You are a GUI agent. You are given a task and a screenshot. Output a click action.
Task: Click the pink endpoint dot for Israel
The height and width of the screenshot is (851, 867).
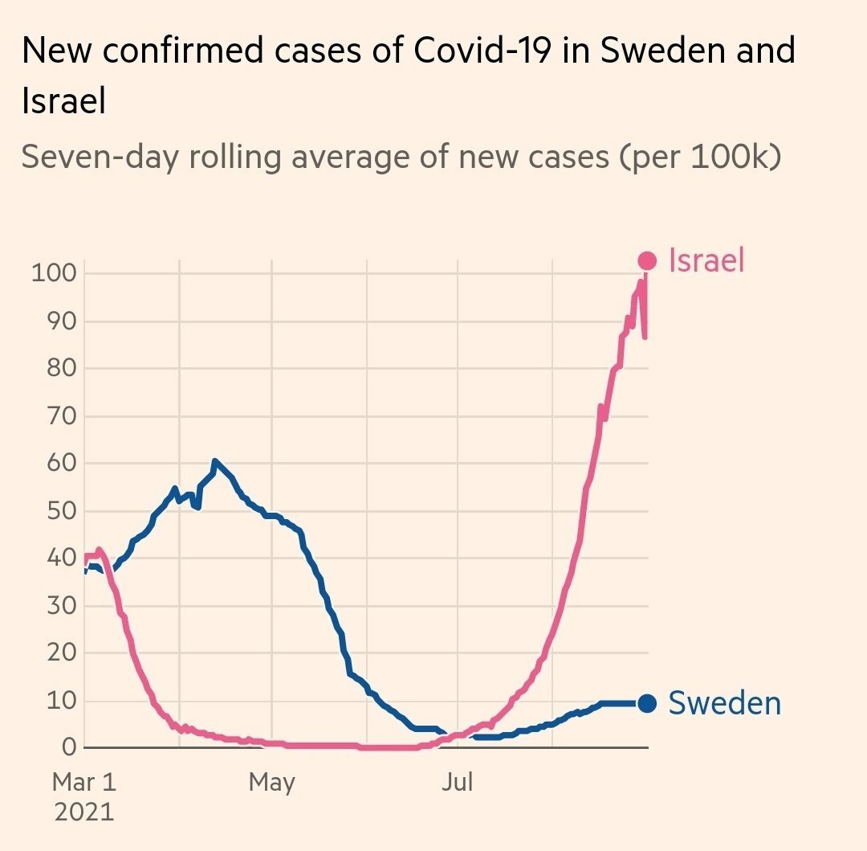pos(647,260)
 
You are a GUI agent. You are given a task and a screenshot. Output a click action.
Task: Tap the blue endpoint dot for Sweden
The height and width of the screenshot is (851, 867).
pos(647,703)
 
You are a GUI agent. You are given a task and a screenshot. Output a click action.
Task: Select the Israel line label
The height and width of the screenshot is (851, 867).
pos(706,260)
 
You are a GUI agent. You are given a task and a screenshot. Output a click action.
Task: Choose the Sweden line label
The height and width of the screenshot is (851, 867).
pos(724,703)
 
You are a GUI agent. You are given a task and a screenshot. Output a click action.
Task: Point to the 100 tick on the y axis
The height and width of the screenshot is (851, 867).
pos(54,274)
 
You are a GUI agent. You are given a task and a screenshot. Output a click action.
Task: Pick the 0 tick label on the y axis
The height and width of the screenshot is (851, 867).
pos(68,747)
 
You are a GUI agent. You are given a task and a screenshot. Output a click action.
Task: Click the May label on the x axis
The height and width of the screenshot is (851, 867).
pos(272,781)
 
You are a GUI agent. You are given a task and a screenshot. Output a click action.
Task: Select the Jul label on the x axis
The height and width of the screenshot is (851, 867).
pos(457,781)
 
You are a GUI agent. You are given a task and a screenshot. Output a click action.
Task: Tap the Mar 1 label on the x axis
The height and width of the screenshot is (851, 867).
pos(84,781)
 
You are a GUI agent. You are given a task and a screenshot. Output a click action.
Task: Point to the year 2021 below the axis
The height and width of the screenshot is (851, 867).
pos(84,810)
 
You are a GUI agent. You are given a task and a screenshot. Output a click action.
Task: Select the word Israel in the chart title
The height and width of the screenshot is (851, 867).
pos(63,102)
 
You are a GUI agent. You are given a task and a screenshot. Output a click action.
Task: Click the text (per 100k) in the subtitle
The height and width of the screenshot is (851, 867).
pos(699,156)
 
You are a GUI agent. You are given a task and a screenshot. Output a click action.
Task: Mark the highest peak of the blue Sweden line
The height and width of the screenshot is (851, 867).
pos(214,461)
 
